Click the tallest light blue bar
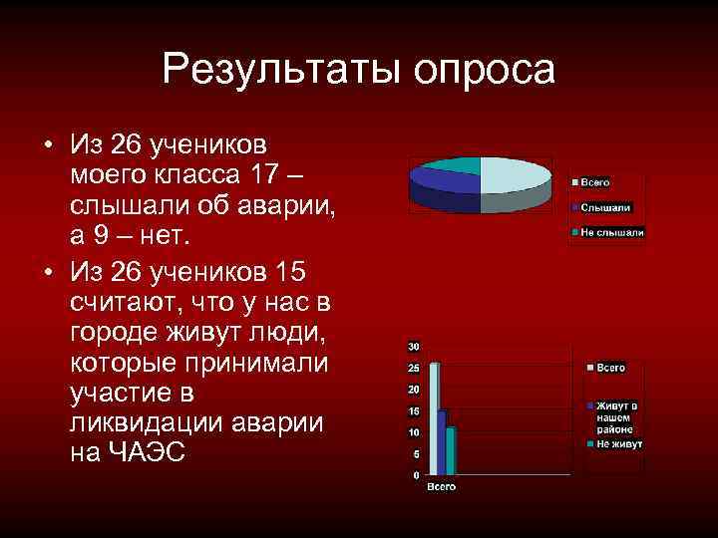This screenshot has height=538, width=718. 434,418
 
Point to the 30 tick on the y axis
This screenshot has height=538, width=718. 413,346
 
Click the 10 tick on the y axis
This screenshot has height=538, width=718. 413,432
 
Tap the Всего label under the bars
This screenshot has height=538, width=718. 441,487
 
